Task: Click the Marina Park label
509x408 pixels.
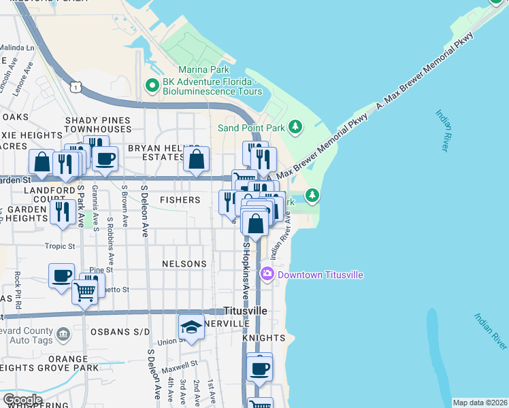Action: click(203, 69)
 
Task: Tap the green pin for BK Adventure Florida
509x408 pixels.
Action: click(152, 86)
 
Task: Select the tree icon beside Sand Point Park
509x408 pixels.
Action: click(295, 126)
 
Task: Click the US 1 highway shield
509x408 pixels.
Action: click(76, 85)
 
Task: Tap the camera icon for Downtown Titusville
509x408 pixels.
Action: click(267, 274)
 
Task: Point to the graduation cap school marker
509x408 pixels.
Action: click(192, 328)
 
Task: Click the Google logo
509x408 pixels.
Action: click(22, 400)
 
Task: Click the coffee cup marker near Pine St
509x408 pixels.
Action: click(62, 276)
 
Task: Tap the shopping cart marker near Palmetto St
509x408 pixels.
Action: click(85, 292)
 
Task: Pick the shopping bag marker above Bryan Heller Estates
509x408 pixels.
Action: click(197, 160)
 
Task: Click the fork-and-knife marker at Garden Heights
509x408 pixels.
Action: click(63, 211)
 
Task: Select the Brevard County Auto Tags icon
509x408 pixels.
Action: click(63, 334)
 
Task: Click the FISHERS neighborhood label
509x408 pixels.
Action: click(180, 200)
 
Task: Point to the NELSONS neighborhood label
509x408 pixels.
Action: click(184, 264)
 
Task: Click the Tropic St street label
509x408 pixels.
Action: click(59, 247)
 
